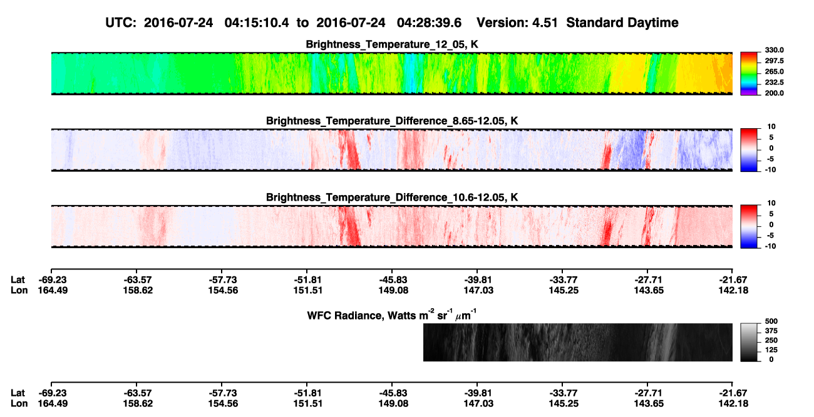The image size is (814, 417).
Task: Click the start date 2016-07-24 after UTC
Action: pos(178,23)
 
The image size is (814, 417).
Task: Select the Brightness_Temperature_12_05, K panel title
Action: pos(392,44)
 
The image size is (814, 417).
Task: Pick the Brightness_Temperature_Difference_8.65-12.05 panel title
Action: pos(392,121)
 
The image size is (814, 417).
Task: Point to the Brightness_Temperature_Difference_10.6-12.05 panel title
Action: pos(392,198)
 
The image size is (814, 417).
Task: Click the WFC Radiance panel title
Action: pos(392,314)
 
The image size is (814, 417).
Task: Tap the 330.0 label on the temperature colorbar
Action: pos(774,50)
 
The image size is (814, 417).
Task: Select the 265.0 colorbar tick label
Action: pos(774,71)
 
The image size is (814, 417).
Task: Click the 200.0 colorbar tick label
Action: pos(774,93)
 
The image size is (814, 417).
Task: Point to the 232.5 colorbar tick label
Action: pos(774,83)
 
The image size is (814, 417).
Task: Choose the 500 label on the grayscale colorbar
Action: pos(771,321)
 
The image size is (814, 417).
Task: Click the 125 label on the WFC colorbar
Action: pos(771,350)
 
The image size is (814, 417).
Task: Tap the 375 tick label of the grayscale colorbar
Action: pos(771,331)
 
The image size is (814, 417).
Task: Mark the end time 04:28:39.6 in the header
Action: pos(429,23)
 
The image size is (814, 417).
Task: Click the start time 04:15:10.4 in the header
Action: pos(257,23)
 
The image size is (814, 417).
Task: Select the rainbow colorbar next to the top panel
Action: pos(749,74)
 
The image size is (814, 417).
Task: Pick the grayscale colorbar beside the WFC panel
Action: pos(749,342)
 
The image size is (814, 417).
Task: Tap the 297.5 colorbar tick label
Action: pos(774,61)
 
